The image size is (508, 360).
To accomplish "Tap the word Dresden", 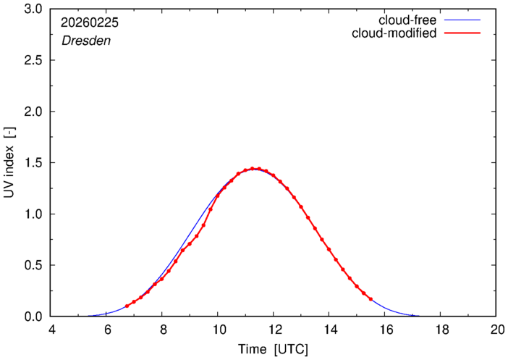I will (x=85, y=41).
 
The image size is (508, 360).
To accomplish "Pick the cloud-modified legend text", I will (x=394, y=33).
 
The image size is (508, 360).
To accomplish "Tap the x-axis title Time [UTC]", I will (x=274, y=349).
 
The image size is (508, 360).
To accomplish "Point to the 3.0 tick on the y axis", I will (x=33, y=9).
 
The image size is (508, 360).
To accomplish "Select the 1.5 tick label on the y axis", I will (x=33, y=163).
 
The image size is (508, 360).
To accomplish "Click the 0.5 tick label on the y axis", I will (x=33, y=265).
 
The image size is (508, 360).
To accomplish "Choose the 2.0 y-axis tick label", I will (x=33, y=112).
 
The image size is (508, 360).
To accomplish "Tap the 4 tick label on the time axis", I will (x=51, y=328).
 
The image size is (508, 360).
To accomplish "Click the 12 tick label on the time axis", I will (x=273, y=328).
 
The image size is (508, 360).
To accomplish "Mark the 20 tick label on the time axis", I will (x=496, y=328).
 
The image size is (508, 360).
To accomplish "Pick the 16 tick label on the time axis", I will (x=384, y=328).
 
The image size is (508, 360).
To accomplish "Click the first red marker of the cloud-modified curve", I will (x=127, y=306).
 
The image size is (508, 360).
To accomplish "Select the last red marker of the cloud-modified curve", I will (x=371, y=299).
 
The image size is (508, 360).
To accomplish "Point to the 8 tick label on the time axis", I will (x=162, y=328).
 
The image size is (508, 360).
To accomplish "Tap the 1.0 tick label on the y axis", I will (x=33, y=214).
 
